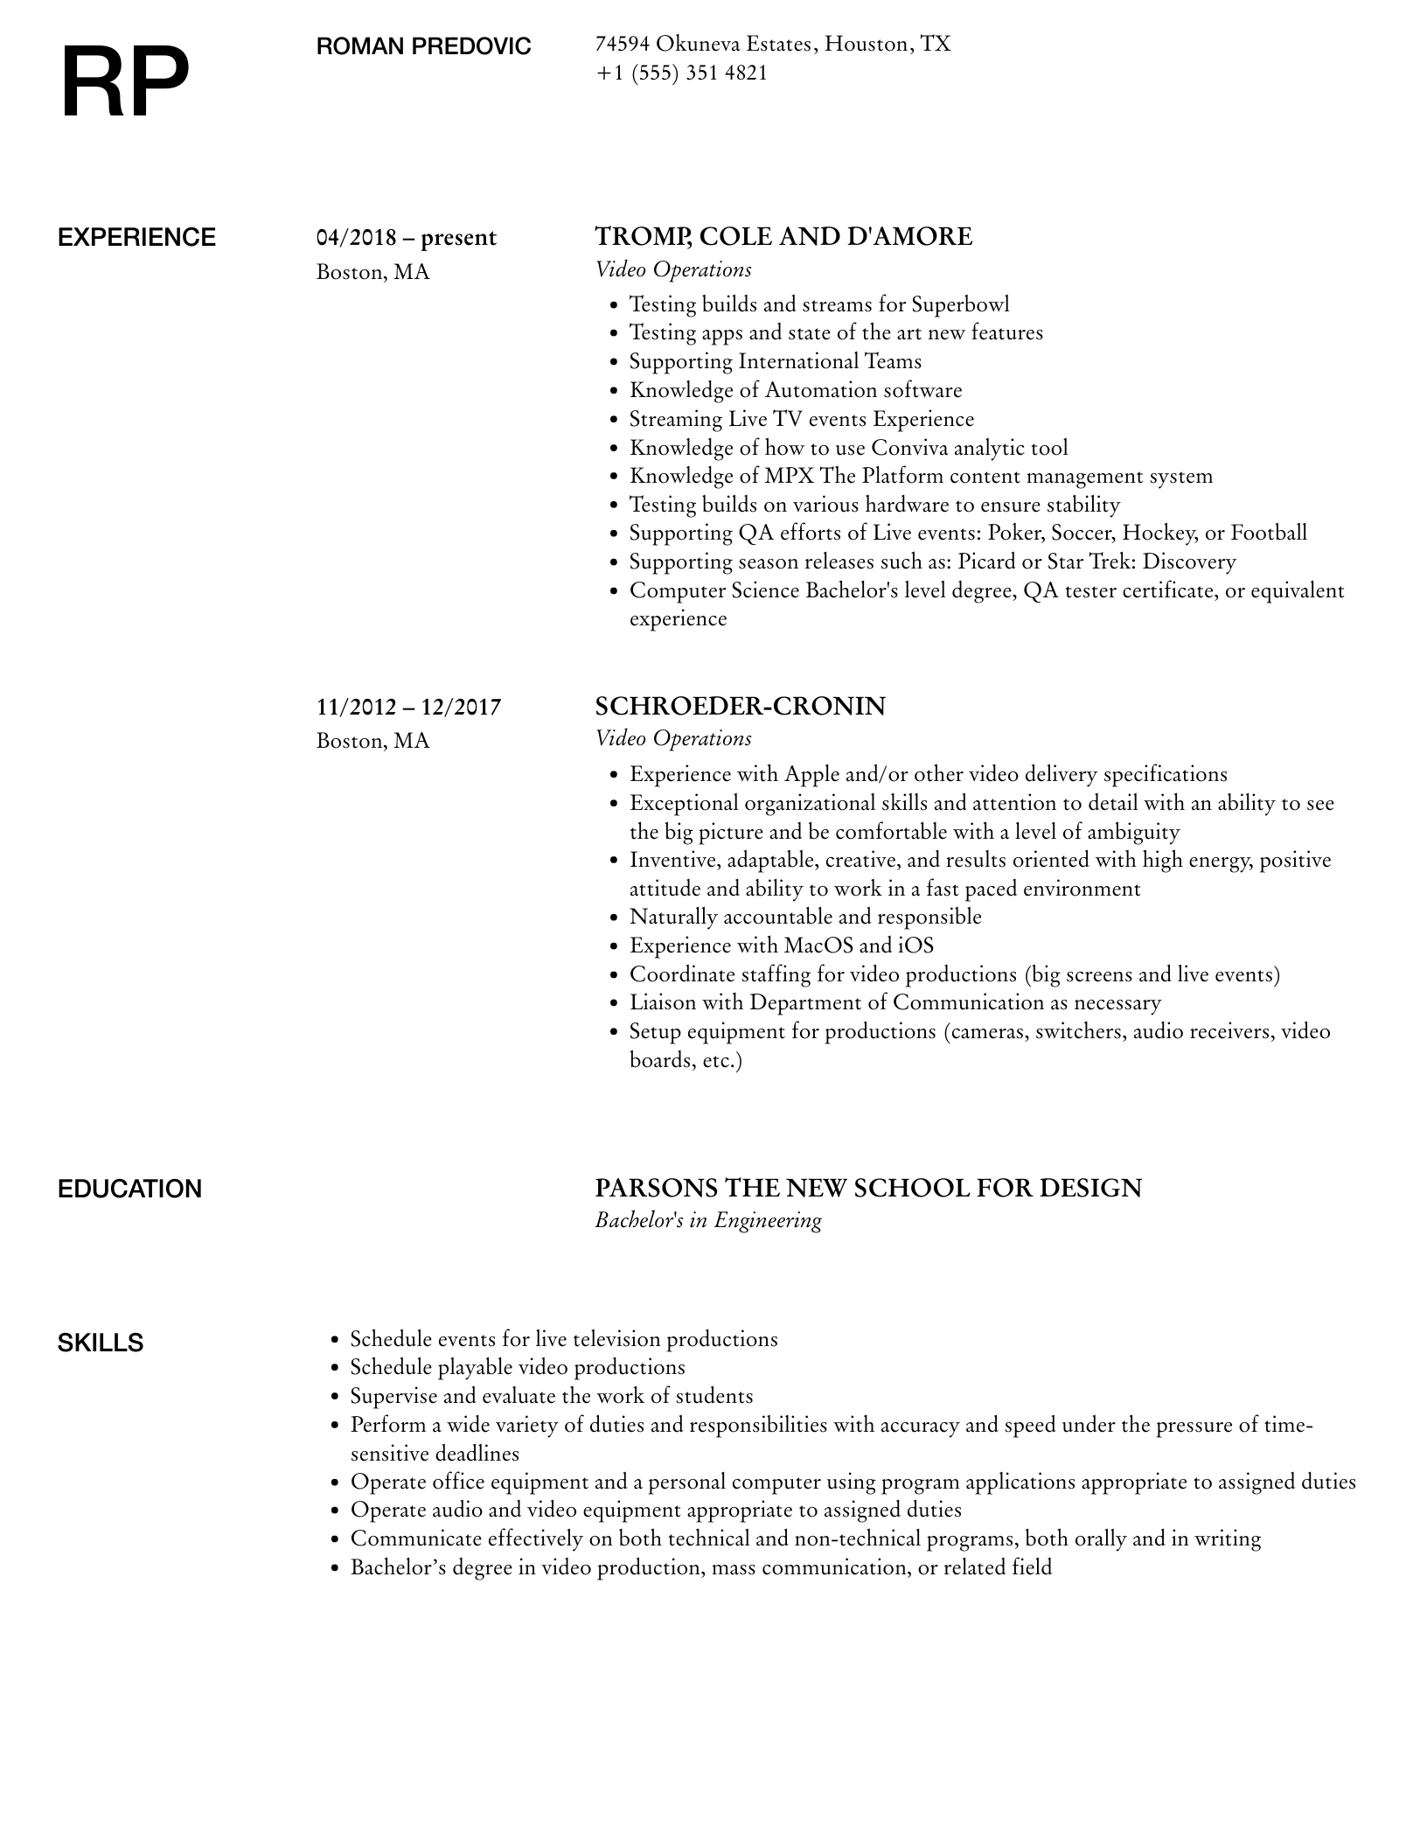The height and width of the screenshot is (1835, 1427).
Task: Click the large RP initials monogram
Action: tap(125, 84)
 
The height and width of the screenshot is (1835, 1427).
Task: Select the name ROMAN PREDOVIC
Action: tap(423, 46)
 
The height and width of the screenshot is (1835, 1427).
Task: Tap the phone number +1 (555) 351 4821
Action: tap(681, 73)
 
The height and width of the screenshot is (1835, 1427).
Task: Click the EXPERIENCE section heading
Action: tap(136, 238)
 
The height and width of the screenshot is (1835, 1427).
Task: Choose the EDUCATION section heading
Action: tap(129, 1190)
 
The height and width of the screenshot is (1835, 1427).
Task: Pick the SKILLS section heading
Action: tap(101, 1343)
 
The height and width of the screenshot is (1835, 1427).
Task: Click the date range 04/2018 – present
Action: tap(406, 238)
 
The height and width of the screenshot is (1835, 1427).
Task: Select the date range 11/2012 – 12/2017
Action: tap(408, 707)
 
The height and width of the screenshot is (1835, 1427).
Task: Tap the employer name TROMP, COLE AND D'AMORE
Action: tap(783, 237)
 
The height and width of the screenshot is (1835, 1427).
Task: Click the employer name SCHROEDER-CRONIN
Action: tap(740, 706)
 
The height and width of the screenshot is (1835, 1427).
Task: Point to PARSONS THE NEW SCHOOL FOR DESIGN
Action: tap(868, 1189)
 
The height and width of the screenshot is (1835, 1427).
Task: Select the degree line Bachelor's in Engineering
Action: tap(708, 1221)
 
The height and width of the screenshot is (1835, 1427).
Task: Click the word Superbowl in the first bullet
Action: tap(960, 304)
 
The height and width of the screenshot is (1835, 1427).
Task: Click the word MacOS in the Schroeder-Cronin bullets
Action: tap(818, 945)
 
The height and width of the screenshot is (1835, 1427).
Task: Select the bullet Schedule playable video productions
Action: tap(518, 1367)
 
